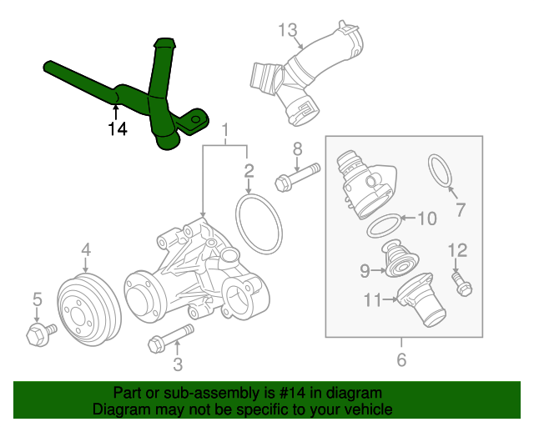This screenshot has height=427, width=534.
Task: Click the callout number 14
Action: tap(118, 129)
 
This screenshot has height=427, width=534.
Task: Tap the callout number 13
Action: tap(287, 31)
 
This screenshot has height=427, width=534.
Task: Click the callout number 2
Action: tap(249, 172)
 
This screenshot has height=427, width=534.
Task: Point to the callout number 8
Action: tap(296, 149)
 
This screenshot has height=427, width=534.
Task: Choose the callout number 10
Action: tap(426, 219)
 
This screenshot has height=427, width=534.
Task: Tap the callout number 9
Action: tap(365, 269)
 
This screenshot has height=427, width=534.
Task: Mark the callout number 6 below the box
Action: tap(401, 360)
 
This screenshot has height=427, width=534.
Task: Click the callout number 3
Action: tap(177, 364)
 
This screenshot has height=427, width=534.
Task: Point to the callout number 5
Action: tap(37, 299)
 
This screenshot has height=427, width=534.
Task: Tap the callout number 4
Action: tap(85, 249)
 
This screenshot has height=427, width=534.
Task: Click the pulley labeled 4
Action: tap(87, 308)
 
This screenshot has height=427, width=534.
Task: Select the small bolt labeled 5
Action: tap(38, 334)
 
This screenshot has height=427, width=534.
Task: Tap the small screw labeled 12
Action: tap(461, 283)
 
